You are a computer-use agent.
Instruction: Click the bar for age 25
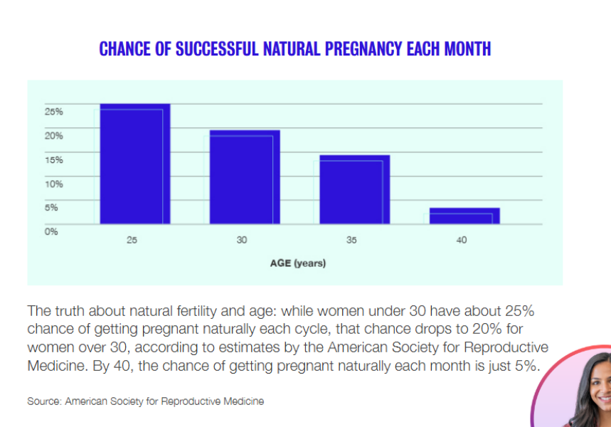tap(134, 164)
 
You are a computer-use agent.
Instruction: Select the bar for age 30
tap(244, 177)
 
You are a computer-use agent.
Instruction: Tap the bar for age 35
tap(354, 189)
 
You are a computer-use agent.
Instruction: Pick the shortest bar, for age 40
tap(464, 216)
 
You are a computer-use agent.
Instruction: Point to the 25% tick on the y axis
tap(54, 112)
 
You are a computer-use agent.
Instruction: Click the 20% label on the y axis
tap(54, 136)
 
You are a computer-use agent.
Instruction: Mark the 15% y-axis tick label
tap(54, 160)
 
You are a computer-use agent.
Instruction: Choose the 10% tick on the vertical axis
tap(54, 184)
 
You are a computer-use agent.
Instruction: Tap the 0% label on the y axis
tap(51, 231)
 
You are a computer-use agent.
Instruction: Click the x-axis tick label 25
tap(132, 241)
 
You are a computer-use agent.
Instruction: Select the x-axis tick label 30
tap(242, 241)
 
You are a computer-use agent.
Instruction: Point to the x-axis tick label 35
tap(351, 241)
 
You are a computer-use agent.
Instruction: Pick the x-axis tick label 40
tap(462, 241)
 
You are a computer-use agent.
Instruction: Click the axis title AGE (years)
tap(297, 263)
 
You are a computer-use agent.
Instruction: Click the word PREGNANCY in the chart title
tap(363, 49)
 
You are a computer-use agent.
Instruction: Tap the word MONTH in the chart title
tap(466, 49)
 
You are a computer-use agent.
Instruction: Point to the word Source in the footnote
tap(43, 401)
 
